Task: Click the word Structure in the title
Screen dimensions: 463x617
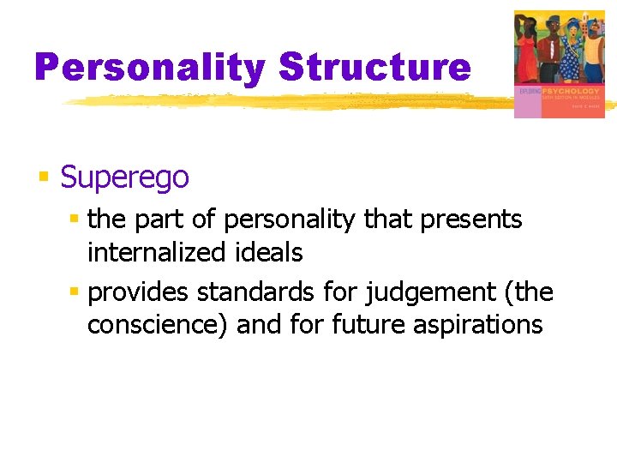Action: [374, 67]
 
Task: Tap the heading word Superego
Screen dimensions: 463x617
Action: [124, 177]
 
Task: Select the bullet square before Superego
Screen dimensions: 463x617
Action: [44, 177]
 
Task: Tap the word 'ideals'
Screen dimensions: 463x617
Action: [272, 252]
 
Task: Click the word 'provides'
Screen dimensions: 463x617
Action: [139, 292]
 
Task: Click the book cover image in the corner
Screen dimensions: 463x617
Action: [559, 63]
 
